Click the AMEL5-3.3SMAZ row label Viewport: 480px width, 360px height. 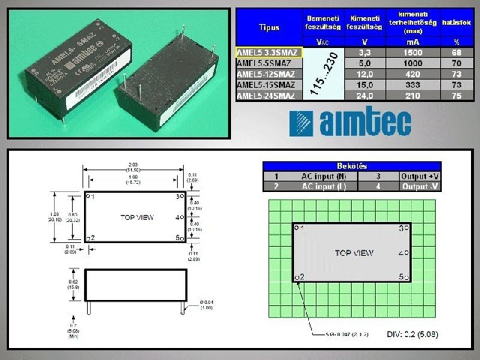click(267, 53)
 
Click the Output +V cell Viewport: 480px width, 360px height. click(436, 175)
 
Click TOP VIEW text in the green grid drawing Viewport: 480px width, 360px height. click(353, 253)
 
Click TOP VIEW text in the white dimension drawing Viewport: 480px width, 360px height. click(138, 217)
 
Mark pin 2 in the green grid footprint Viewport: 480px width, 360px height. click(299, 277)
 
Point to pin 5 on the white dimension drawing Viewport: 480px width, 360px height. click(180, 238)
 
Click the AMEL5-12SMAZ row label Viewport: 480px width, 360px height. click(267, 74)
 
